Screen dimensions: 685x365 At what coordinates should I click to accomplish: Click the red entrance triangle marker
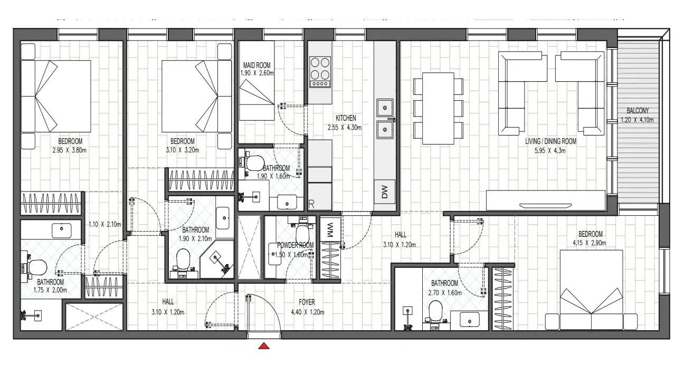[x=263, y=346]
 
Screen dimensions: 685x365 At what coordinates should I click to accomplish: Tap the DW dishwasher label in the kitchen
[x=385, y=192]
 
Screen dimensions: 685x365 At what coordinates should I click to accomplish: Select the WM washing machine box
[x=330, y=229]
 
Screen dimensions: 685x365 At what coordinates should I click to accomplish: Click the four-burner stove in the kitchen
[x=320, y=72]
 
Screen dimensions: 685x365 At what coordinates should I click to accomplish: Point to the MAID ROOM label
[x=256, y=65]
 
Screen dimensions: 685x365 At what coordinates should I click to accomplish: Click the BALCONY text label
[x=638, y=111]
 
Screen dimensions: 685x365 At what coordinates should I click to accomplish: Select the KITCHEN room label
[x=346, y=118]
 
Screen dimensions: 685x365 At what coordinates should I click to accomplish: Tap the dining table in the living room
[x=438, y=108]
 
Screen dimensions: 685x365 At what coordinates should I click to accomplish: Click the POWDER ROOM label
[x=295, y=245]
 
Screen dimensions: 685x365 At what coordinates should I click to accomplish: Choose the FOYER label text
[x=307, y=302]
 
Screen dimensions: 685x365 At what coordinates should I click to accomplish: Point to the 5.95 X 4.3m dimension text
[x=550, y=151]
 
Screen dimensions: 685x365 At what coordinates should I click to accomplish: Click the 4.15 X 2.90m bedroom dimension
[x=589, y=243]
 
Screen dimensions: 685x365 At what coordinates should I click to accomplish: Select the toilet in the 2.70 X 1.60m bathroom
[x=435, y=311]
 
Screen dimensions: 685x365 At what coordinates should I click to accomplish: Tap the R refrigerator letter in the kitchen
[x=311, y=204]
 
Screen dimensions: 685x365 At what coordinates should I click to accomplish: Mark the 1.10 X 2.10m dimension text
[x=105, y=224]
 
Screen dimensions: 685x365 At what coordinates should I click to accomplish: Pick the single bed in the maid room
[x=256, y=81]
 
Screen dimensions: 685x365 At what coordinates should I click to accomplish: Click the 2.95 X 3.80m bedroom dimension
[x=70, y=150]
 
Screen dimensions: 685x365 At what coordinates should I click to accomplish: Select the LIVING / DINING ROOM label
[x=550, y=141]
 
